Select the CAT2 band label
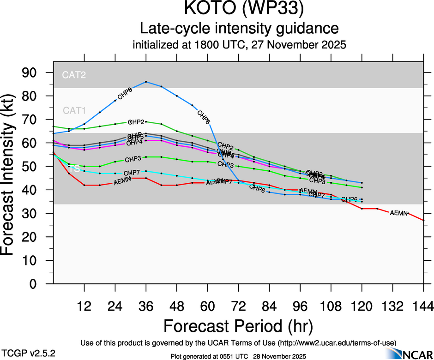click(x=74, y=74)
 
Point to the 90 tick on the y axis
click(x=35, y=72)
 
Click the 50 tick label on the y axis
click(x=35, y=167)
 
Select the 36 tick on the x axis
click(x=146, y=306)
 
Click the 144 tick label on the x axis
click(x=423, y=306)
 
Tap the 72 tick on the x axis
click(x=238, y=306)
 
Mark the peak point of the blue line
click(x=146, y=82)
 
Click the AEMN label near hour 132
click(x=399, y=213)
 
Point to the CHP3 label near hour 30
click(x=133, y=159)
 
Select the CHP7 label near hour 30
click(x=132, y=173)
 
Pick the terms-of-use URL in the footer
click(x=337, y=342)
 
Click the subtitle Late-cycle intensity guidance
click(x=239, y=29)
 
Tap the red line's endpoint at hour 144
click(x=423, y=221)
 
